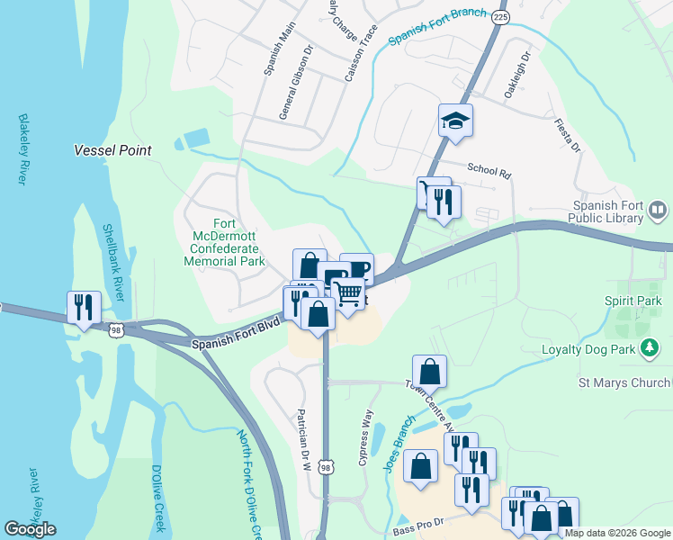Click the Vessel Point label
tap(112, 150)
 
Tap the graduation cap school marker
tap(455, 121)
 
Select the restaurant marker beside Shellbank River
tap(84, 307)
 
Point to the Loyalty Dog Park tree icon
tap(649, 347)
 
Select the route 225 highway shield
tap(501, 16)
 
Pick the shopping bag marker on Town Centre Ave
tap(430, 371)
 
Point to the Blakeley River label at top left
tap(22, 149)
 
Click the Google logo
tap(30, 529)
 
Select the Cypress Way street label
tap(365, 437)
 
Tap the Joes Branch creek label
tap(399, 433)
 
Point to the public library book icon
tap(658, 211)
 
